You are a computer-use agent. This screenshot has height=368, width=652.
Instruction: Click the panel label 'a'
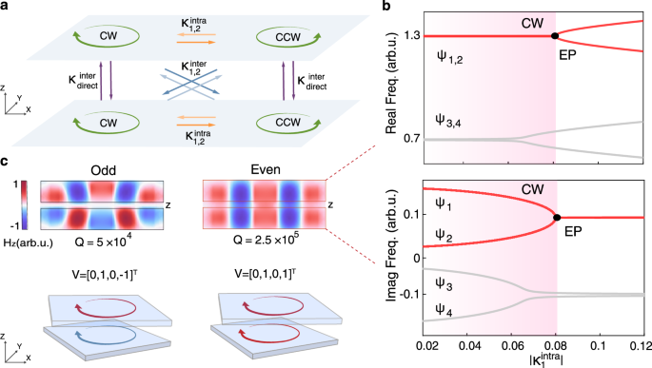click(x=7, y=7)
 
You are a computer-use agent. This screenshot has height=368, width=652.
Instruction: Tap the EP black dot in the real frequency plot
click(x=555, y=35)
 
